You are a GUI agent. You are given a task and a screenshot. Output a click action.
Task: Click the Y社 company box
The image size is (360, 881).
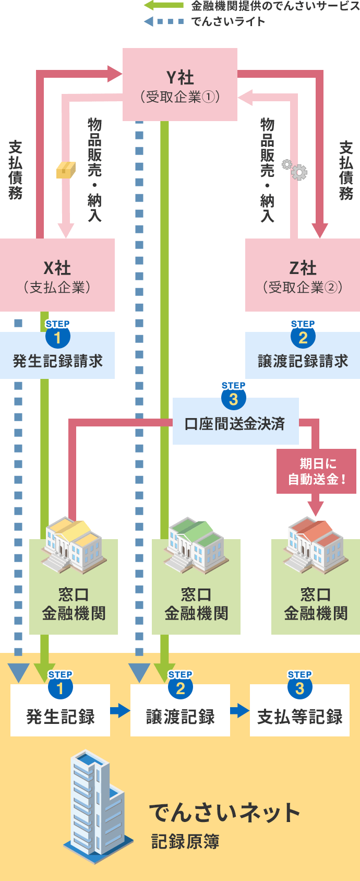[180, 85]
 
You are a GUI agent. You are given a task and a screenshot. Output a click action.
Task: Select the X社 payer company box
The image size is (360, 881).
[57, 276]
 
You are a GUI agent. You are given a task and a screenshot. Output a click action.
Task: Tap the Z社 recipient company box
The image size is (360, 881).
[303, 276]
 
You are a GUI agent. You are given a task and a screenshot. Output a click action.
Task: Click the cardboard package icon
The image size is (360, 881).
[66, 170]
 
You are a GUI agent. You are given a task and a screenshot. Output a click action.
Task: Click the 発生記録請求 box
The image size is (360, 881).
[57, 360]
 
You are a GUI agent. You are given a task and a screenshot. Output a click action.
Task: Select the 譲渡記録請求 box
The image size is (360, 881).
[303, 360]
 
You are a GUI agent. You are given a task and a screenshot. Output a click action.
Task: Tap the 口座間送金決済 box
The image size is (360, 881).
[235, 423]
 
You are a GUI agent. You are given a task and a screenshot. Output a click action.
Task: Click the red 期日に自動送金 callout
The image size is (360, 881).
[316, 471]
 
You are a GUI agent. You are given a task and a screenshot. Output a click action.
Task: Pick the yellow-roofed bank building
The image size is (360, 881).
[73, 545]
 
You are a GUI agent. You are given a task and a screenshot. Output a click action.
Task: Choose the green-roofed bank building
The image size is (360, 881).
[196, 545]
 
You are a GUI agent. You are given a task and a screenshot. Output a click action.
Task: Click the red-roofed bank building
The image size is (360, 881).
[315, 545]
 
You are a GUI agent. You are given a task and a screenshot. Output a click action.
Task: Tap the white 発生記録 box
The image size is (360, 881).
[60, 716]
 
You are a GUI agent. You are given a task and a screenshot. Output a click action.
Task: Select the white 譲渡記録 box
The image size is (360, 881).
[180, 716]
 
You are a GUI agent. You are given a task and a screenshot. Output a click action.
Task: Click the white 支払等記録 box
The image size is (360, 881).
[299, 716]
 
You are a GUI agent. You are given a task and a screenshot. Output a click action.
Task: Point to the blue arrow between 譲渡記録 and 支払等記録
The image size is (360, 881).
[239, 710]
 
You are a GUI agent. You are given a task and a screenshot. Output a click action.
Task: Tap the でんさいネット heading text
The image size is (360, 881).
[224, 813]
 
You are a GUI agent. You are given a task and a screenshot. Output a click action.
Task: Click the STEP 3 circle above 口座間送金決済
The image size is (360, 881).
[233, 399]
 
